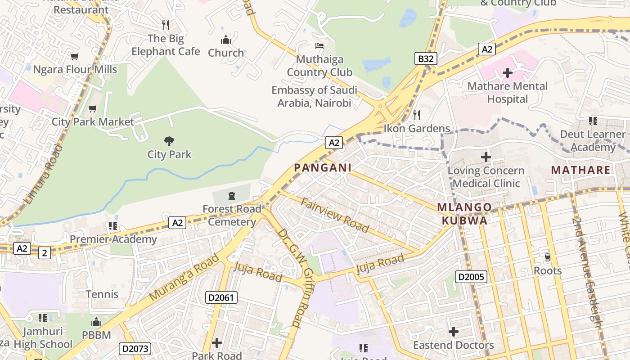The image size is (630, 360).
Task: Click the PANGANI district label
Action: tap(322, 168)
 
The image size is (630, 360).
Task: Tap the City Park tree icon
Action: tap(169, 141)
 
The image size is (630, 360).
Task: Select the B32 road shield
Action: tap(426, 58)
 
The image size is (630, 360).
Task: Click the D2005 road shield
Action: tap(471, 276)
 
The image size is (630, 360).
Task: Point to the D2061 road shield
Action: tap(221, 297)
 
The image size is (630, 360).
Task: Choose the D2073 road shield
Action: tap(135, 348)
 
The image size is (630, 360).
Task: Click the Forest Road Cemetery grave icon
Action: tap(231, 195)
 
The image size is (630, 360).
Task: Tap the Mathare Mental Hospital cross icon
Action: tap(508, 72)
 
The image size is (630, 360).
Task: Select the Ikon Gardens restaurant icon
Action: tap(417, 115)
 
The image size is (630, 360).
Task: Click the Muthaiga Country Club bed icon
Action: tap(319, 46)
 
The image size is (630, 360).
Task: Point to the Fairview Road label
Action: tap(335, 215)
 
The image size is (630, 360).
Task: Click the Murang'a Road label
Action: tap(184, 277)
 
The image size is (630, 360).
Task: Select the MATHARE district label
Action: tap(580, 170)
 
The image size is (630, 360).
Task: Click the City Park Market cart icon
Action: tap(93, 108)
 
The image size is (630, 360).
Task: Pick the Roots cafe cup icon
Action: tap(548, 257)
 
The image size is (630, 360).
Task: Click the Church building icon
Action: tap(226, 40)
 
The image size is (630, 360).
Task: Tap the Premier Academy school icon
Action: tap(113, 225)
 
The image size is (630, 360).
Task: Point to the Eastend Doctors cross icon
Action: tap(454, 332)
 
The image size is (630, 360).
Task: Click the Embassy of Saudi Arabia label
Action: tap(314, 96)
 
